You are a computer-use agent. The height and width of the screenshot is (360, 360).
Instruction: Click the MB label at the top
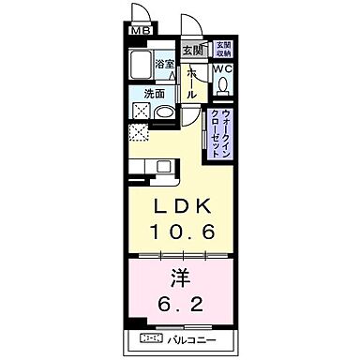[x=140, y=31]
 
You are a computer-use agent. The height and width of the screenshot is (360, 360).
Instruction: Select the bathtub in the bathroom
[x=143, y=68]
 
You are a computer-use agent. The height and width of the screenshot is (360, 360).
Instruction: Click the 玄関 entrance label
[x=191, y=50]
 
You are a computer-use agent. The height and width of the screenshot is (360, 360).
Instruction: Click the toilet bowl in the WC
[x=222, y=85]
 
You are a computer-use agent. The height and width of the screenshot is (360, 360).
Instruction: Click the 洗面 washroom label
[x=155, y=94]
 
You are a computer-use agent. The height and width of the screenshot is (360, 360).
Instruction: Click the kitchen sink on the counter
[x=163, y=168]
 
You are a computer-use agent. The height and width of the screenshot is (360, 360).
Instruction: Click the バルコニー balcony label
[x=190, y=338]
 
